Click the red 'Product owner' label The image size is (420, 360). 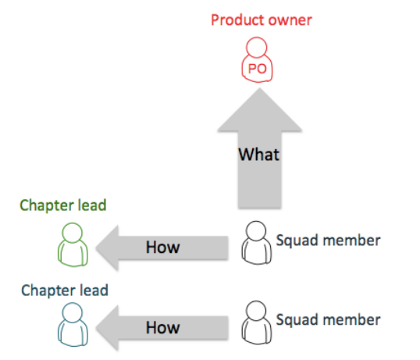(x=262, y=20)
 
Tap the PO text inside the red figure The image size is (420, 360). (x=258, y=69)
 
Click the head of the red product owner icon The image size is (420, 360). (x=257, y=47)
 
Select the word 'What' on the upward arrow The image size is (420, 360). (x=259, y=155)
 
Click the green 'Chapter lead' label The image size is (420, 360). (x=63, y=205)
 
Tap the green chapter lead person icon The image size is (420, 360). (x=73, y=244)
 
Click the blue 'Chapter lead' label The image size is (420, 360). (x=65, y=290)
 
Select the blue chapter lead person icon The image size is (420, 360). (x=73, y=324)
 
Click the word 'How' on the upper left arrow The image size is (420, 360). (x=163, y=247)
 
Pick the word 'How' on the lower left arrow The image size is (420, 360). (x=163, y=327)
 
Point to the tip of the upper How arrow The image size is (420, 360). (x=96, y=248)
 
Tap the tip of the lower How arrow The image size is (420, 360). (x=96, y=327)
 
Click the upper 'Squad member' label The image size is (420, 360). (x=328, y=241)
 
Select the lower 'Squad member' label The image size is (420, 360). (x=328, y=320)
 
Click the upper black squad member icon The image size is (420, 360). (x=256, y=243)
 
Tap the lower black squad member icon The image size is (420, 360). (x=256, y=323)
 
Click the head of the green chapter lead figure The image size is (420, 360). (x=73, y=233)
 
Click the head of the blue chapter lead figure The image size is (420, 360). (x=73, y=312)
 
